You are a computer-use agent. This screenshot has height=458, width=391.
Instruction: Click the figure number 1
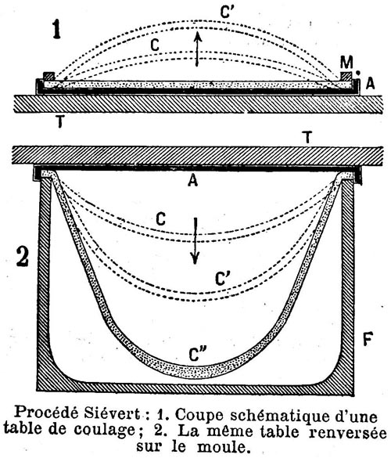(x=56, y=30)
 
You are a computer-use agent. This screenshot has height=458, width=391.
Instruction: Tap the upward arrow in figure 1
(x=198, y=49)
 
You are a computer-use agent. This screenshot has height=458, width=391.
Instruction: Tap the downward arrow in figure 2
(x=195, y=241)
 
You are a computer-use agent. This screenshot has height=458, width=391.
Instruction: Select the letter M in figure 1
(x=346, y=62)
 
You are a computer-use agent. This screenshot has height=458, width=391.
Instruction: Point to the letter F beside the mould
(x=368, y=338)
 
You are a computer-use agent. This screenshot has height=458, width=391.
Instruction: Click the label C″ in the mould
(x=198, y=354)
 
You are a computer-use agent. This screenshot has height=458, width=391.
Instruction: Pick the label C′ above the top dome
(x=228, y=13)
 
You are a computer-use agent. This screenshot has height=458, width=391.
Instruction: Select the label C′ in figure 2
(x=223, y=279)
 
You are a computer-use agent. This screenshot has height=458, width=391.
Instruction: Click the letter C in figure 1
(x=155, y=45)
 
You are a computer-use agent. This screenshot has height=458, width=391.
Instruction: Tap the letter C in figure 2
(x=160, y=218)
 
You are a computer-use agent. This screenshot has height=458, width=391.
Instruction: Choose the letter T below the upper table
(x=60, y=121)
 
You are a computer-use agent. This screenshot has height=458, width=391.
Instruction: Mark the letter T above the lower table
(x=307, y=137)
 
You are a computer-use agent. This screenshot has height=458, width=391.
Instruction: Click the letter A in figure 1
(x=370, y=84)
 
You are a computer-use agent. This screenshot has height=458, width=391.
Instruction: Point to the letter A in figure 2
(x=193, y=180)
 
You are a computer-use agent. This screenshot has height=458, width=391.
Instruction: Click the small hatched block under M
(x=346, y=76)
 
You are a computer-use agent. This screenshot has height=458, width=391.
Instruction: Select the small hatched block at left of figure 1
(x=49, y=76)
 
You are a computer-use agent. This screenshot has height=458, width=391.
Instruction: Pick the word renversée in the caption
(x=347, y=431)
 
